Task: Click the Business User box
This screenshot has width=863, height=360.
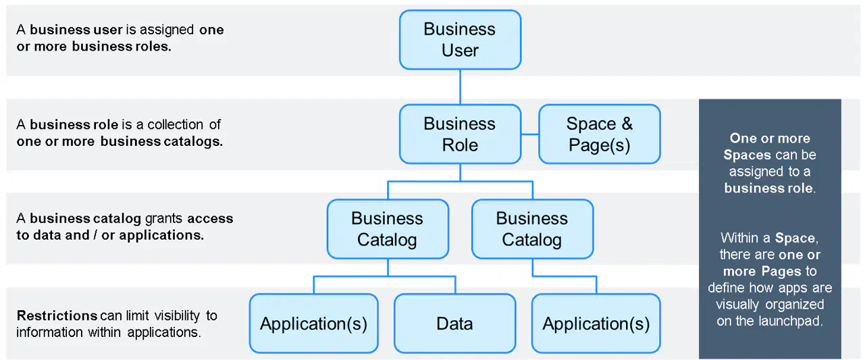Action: coord(460,40)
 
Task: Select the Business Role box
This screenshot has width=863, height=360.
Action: coord(460,134)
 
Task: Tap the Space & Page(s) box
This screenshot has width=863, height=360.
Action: coord(600,134)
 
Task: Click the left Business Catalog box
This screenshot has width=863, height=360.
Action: coord(388,229)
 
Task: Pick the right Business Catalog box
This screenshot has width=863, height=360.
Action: coord(532,229)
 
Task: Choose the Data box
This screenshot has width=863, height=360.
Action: coord(454,324)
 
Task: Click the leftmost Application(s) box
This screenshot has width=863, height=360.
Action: coord(313,324)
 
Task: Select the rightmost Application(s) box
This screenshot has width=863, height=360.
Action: coord(596,324)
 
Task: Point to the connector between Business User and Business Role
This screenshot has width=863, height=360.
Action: coord(460,87)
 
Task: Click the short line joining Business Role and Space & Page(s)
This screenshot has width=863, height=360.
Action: coord(529,134)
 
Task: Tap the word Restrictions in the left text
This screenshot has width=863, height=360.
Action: coord(57,315)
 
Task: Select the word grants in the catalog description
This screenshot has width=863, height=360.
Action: coord(163,219)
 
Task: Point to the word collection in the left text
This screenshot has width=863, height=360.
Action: coord(176,124)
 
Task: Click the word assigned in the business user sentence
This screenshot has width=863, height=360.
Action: coord(166,30)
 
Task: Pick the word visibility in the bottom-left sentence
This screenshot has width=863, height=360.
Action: coord(177,315)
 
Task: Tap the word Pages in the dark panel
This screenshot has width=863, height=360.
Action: coord(781,272)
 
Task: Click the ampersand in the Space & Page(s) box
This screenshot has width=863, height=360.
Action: coord(627,124)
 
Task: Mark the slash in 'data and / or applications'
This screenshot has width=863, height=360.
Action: coord(95,235)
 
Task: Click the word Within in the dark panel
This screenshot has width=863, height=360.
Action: coord(739,238)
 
